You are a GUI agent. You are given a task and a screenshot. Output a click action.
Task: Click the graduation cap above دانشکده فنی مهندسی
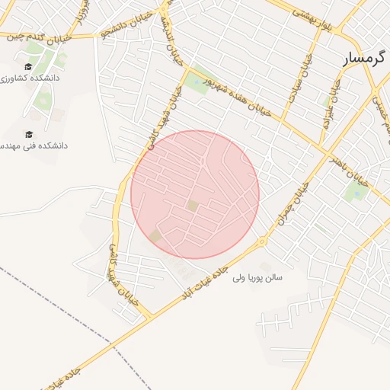coord(29,134)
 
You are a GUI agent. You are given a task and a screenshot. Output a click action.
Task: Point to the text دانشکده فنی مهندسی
coord(34,145)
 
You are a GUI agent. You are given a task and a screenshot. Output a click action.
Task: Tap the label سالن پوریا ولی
coord(257,278)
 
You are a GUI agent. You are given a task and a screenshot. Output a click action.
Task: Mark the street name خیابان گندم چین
coord(49,36)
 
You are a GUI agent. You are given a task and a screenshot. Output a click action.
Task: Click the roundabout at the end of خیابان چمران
coord(262,241)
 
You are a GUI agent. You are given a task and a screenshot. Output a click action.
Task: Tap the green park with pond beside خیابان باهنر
coord(356,190)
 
